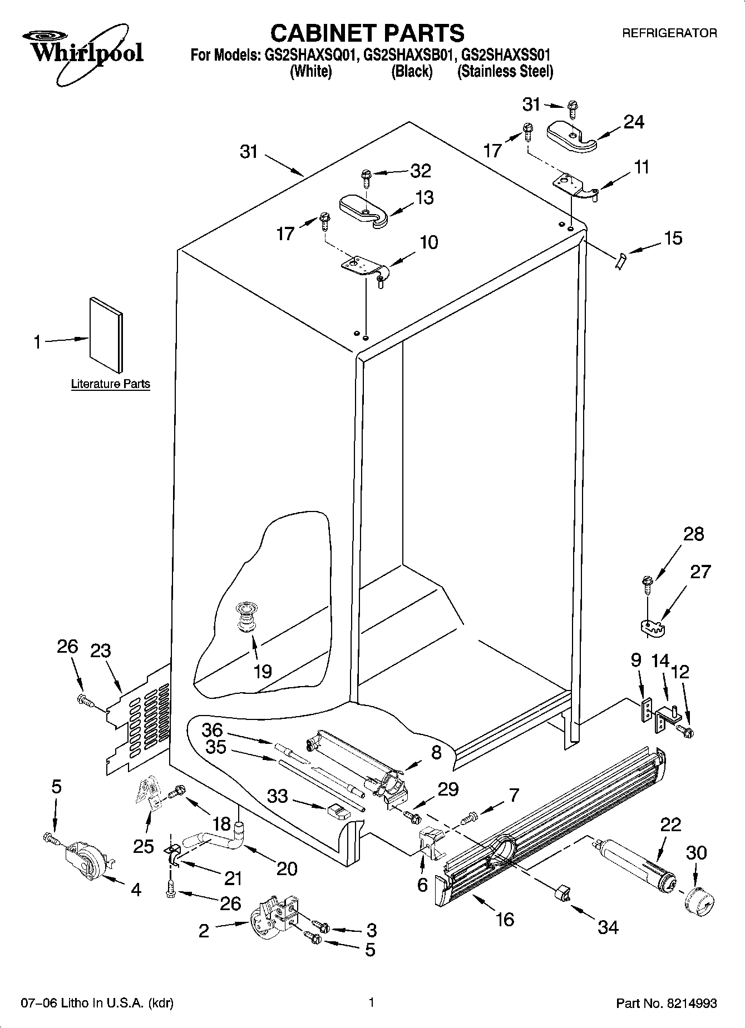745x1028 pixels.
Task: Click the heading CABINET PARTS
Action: (367, 33)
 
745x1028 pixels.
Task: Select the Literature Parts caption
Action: (110, 384)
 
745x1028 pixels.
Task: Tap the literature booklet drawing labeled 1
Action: (106, 334)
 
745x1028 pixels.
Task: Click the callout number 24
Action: (634, 122)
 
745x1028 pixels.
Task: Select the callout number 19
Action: (262, 672)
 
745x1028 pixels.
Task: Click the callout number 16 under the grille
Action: (505, 920)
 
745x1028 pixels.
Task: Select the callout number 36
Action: (211, 729)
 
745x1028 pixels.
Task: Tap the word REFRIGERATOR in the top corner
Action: (669, 33)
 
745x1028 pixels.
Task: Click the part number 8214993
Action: (689, 1004)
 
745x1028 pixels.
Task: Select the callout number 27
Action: (700, 572)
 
